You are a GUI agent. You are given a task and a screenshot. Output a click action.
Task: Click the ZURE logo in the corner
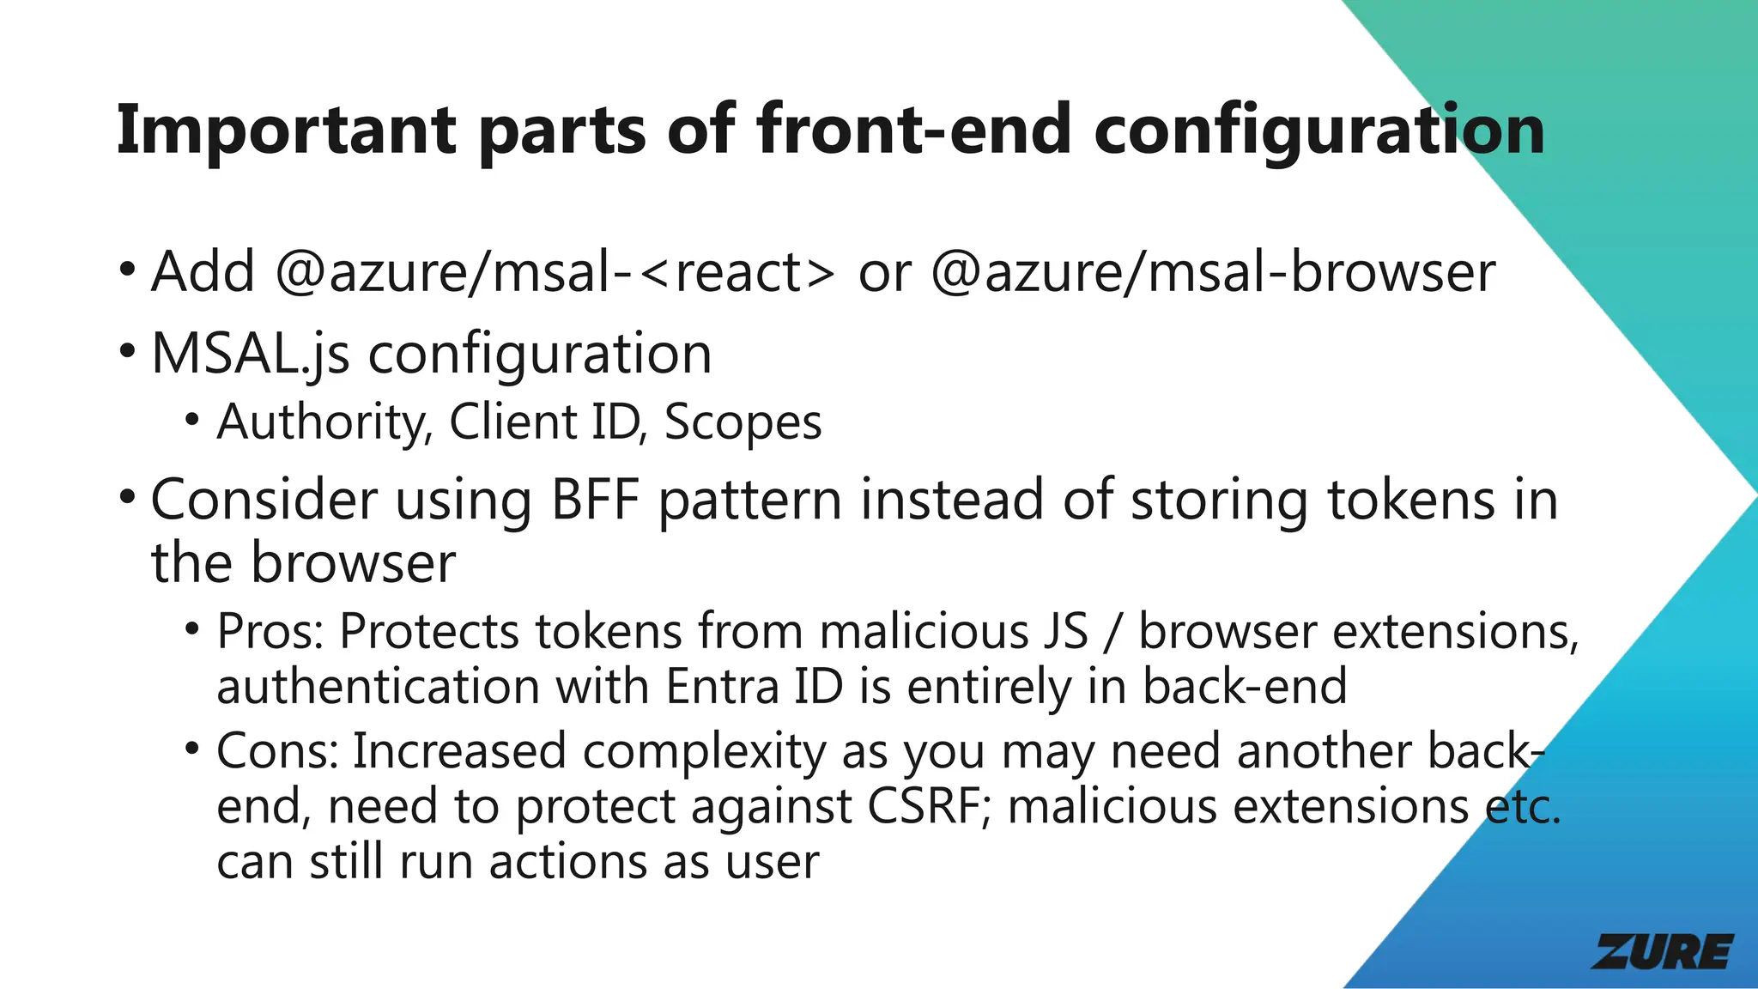coord(1662,952)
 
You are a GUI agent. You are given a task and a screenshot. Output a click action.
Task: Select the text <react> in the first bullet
coord(737,272)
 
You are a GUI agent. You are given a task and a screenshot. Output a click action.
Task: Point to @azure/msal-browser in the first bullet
coord(1213,272)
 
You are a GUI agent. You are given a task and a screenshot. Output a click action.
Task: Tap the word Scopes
coord(743,422)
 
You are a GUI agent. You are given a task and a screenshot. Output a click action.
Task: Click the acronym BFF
coord(595,500)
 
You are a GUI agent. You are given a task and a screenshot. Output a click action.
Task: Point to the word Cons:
coord(276,751)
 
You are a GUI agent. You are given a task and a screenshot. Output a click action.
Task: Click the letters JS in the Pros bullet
coord(1065,632)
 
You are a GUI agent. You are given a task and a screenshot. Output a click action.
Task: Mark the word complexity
coord(704,751)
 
